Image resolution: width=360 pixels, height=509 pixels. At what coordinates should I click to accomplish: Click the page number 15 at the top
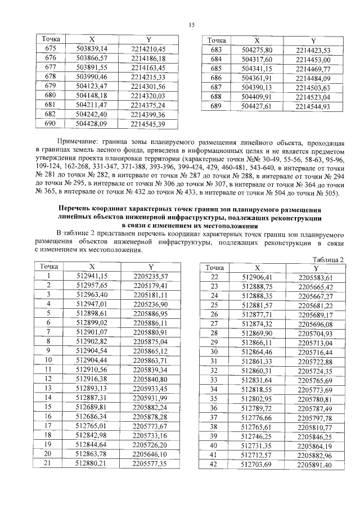(x=191, y=25)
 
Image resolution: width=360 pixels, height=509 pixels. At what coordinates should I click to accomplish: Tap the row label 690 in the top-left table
(x=50, y=124)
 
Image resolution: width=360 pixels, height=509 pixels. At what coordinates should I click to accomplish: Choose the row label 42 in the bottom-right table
(x=214, y=465)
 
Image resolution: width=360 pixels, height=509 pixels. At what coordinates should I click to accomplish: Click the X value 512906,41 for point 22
(x=256, y=277)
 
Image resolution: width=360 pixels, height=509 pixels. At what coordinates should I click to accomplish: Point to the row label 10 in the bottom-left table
(x=49, y=360)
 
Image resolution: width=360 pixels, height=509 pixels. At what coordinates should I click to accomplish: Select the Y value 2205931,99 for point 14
(x=150, y=398)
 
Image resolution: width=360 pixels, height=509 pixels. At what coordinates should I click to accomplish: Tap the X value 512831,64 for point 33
(x=256, y=381)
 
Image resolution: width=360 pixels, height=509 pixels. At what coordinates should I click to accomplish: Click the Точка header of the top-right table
(x=217, y=41)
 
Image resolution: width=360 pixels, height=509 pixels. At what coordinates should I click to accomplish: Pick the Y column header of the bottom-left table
(x=150, y=266)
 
